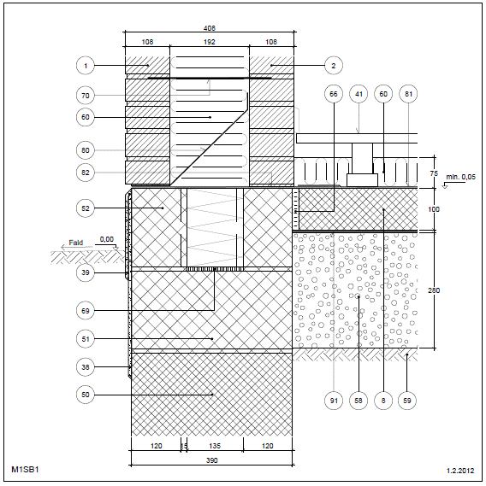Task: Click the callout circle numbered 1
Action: pyautogui.click(x=86, y=66)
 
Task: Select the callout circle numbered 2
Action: pyautogui.click(x=334, y=66)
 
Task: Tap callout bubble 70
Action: pyautogui.click(x=86, y=96)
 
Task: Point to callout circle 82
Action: pyautogui.click(x=86, y=173)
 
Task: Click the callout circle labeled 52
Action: pyautogui.click(x=86, y=208)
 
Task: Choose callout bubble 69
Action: pyautogui.click(x=86, y=311)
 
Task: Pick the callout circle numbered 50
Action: pyautogui.click(x=86, y=395)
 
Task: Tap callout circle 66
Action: pyautogui.click(x=334, y=94)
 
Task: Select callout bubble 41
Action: pyautogui.click(x=359, y=94)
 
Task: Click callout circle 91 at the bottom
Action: pyautogui.click(x=334, y=401)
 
